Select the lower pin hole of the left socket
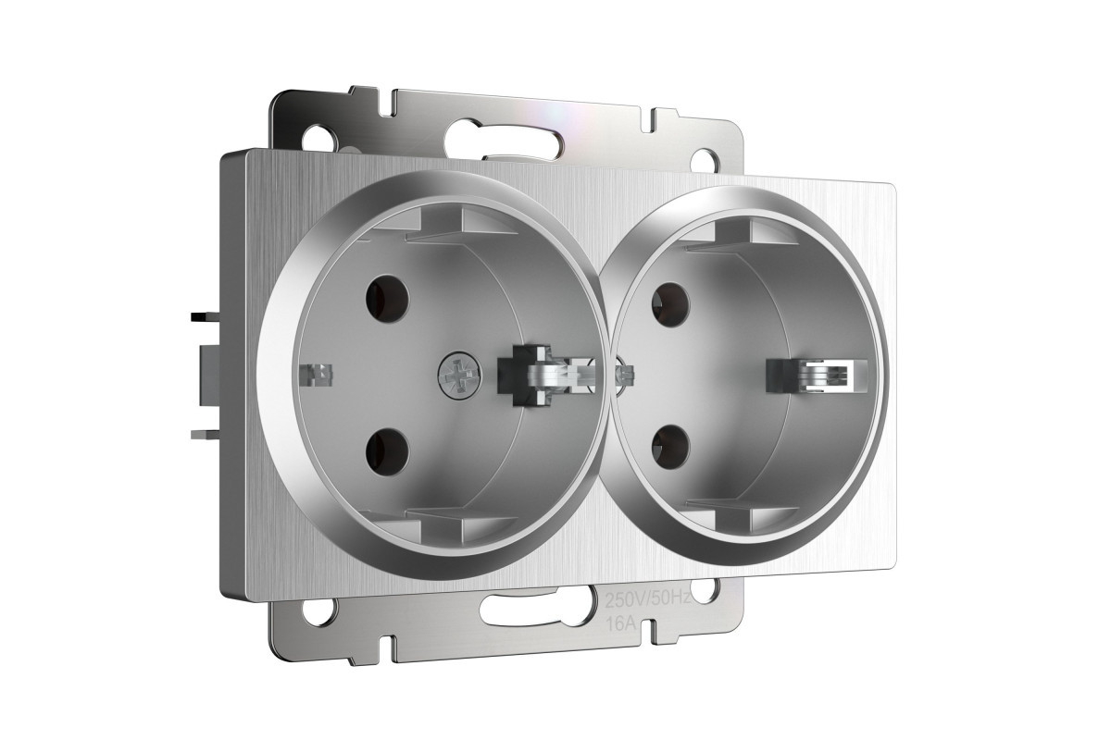click(388, 451)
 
